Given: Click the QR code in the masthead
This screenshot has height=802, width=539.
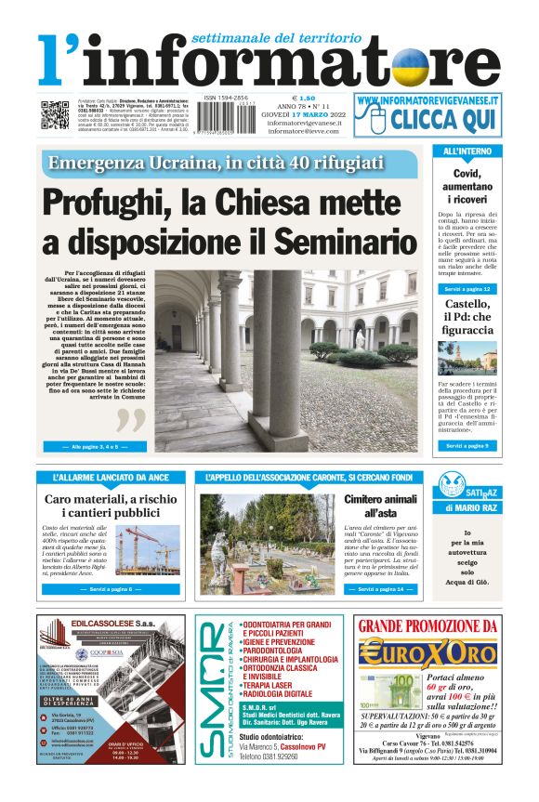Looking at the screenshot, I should (x=55, y=115).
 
